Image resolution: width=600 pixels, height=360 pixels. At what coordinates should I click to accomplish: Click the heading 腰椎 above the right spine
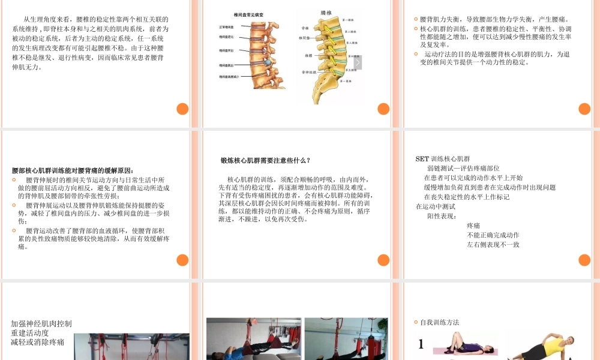click(326, 12)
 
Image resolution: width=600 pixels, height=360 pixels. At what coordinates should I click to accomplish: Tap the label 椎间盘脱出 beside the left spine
click(228, 65)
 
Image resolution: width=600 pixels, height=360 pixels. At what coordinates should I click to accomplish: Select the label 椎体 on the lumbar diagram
click(308, 55)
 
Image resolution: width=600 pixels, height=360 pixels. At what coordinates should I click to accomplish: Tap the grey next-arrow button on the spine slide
click(358, 62)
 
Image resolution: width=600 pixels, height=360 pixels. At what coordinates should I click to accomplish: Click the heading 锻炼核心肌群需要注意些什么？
click(265, 161)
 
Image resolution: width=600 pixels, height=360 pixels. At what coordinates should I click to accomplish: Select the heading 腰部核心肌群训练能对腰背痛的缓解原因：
click(73, 170)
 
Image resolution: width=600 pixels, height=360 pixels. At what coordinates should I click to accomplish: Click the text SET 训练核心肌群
click(443, 159)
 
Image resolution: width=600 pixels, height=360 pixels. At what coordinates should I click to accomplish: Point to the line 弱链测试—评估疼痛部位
click(463, 169)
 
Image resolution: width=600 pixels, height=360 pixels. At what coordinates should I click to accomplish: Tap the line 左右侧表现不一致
click(493, 245)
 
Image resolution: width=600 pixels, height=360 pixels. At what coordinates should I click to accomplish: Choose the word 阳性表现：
click(442, 216)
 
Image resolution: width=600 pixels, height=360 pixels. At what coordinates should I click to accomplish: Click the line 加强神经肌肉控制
click(41, 323)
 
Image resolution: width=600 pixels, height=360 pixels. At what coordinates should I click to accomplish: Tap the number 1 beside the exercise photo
click(421, 344)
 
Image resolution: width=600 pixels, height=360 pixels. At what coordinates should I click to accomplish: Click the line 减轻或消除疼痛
click(37, 342)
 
